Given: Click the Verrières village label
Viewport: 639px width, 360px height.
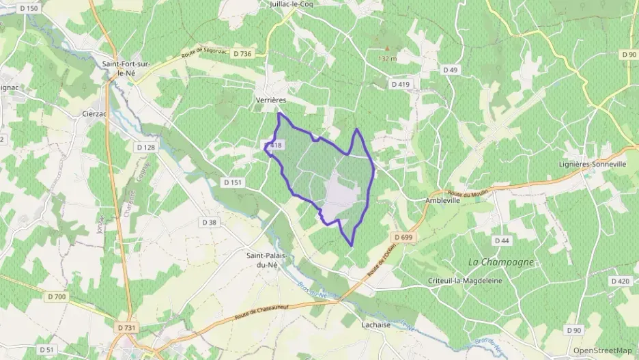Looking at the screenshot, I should (270, 100).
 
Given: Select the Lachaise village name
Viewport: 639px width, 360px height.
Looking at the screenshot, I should (375, 324).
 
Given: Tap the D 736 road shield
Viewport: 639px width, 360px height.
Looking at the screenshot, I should (242, 54).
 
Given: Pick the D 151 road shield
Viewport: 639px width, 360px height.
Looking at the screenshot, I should (233, 182).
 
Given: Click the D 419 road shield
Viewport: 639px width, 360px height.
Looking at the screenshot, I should (401, 84).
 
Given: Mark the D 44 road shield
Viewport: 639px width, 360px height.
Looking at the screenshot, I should (502, 240).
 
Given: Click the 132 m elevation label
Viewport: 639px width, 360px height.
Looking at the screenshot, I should (387, 59).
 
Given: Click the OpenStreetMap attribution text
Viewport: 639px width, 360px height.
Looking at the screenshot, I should (602, 350).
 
